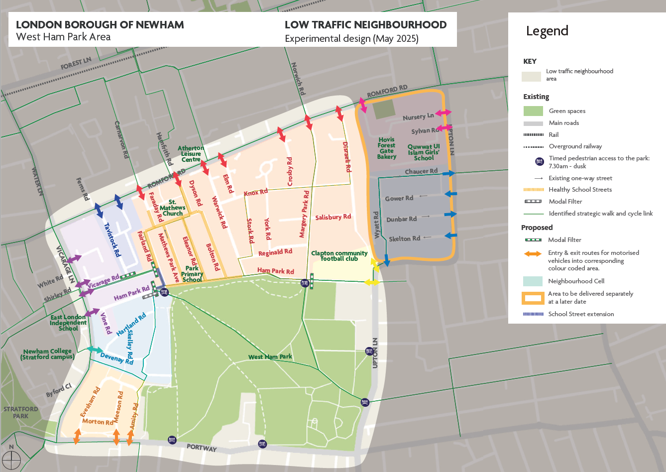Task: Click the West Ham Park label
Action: pos(270,357)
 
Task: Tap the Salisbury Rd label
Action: pos(333,217)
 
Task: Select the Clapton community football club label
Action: pos(339,255)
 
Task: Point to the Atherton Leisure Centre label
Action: pos(191,154)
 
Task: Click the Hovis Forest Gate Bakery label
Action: pos(387,148)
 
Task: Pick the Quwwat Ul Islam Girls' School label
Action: pos(424,152)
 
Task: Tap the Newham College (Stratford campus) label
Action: pos(47,354)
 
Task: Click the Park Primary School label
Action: pos(192,274)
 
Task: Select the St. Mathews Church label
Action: pos(172,208)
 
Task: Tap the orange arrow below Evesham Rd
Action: pos(77,436)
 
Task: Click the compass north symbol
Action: pos(11,459)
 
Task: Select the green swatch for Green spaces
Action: pos(533,111)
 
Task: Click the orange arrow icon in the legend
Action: pos(533,254)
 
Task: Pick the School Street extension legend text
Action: pos(581,314)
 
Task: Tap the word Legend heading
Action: pos(547,31)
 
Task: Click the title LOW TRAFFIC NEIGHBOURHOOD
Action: pos(365,25)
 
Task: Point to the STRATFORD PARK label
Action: pos(21,412)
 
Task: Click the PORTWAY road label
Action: pos(202,447)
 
